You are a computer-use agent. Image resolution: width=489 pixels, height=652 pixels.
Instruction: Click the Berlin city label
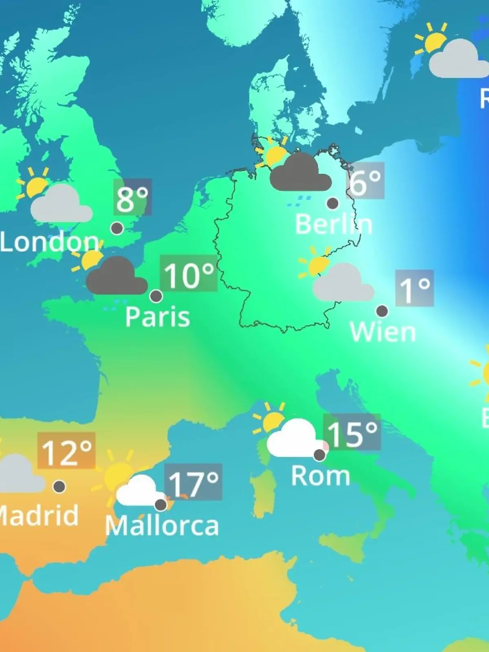[333, 224]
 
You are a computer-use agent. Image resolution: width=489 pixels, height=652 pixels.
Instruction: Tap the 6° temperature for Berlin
[365, 181]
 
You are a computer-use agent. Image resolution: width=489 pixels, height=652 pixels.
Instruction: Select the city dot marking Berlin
[333, 203]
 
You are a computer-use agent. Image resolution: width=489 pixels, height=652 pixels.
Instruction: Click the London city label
[49, 242]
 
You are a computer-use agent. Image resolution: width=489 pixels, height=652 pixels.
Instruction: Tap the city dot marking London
[117, 228]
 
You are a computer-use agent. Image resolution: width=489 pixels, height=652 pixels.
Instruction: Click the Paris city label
[157, 317]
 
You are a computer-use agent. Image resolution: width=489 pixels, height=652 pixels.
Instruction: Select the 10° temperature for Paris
[189, 274]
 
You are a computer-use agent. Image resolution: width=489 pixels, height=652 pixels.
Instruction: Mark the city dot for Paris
[156, 296]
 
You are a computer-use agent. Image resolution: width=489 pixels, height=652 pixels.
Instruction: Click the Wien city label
[383, 332]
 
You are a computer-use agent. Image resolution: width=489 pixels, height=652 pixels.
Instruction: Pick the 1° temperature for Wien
[414, 289]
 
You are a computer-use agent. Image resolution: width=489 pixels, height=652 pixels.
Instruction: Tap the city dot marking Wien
[382, 311]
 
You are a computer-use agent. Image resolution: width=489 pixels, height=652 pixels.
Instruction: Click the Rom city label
[321, 476]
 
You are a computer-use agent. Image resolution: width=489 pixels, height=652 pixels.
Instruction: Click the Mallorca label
[162, 526]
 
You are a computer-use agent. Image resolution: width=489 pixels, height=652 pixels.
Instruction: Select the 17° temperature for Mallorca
[194, 482]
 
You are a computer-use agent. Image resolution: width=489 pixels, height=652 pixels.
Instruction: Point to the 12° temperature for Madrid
[66, 451]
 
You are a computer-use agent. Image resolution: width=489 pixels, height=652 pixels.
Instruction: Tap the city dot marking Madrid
[59, 486]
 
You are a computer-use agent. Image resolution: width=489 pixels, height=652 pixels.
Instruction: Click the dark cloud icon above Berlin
[301, 174]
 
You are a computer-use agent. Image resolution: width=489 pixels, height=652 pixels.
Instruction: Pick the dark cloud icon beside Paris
[117, 277]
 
